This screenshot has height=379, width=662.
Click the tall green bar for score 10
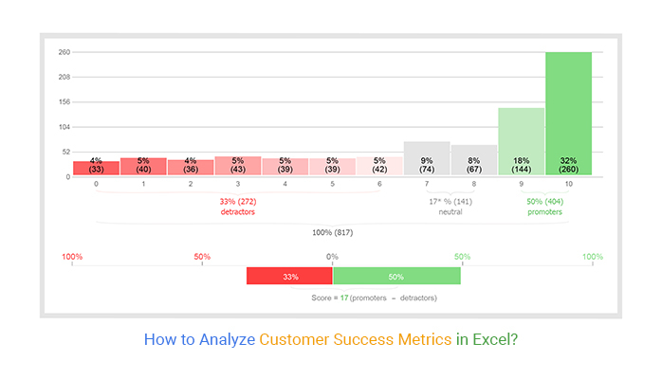tap(568, 114)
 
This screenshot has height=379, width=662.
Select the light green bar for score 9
tap(521, 141)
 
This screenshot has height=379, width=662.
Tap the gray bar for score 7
tap(427, 158)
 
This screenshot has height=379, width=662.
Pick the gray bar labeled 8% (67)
tap(474, 160)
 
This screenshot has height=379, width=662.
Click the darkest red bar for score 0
tap(96, 168)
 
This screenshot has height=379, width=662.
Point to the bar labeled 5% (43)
tap(238, 166)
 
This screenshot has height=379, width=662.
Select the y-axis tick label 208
tap(64, 77)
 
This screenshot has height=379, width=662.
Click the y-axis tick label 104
tap(64, 127)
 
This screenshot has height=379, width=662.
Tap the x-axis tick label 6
tap(379, 184)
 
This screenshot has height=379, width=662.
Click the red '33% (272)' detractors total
tap(238, 202)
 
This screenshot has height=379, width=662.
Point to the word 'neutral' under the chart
tap(451, 211)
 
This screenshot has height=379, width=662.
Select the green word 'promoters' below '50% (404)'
tap(544, 212)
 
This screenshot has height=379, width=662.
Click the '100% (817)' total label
tap(333, 232)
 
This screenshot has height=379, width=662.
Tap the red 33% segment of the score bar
tap(289, 276)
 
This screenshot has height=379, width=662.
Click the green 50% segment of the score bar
tap(396, 276)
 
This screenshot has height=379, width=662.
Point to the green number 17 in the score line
tap(344, 298)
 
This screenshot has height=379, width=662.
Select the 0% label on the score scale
tap(332, 257)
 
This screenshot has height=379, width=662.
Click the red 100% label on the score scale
tap(72, 257)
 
